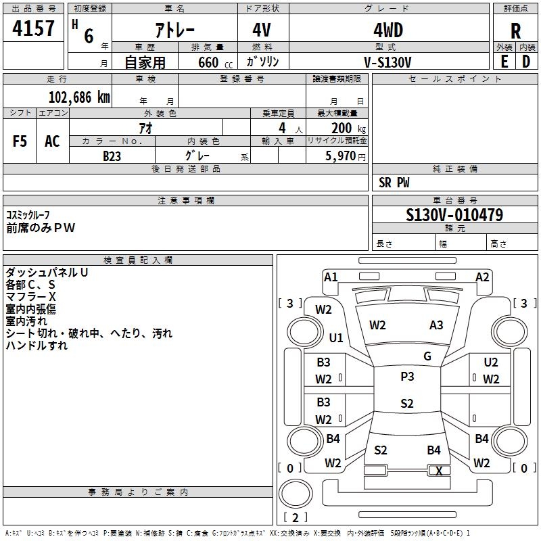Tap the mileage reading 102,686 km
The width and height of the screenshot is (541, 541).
[x=79, y=97]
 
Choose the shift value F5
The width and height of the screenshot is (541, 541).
[x=20, y=141]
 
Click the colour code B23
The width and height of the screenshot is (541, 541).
[x=112, y=156]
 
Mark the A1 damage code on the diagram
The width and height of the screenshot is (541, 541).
[x=331, y=277]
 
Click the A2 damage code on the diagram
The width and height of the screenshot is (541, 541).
[x=482, y=277]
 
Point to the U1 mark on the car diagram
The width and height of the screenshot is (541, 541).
[x=336, y=337]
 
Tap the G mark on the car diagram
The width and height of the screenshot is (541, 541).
[x=427, y=356]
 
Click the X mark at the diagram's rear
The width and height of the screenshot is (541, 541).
[x=440, y=471]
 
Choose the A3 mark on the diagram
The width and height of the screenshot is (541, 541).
[x=436, y=325]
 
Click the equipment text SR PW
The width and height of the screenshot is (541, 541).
[x=394, y=183]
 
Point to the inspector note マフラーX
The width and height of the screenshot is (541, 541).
[x=30, y=297]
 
